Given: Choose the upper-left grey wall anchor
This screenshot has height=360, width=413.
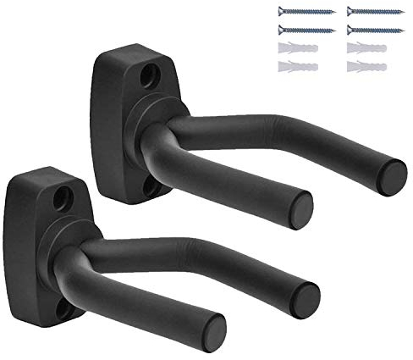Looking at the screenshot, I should (x=299, y=47).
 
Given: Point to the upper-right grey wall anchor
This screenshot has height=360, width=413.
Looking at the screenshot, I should (x=367, y=47).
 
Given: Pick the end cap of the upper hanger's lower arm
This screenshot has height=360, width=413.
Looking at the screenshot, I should (x=301, y=204).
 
